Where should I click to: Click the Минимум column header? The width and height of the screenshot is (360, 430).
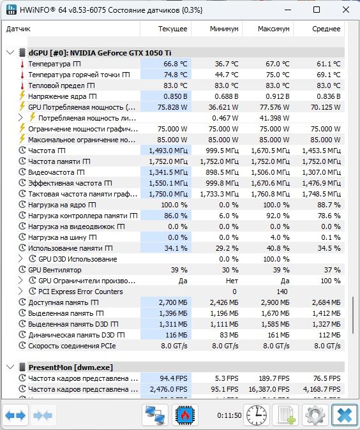(224, 29)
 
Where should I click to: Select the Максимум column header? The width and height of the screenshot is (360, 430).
(273, 29)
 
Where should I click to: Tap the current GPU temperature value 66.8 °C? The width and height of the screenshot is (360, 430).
(176, 64)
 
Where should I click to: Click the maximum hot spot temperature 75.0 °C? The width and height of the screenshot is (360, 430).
(278, 75)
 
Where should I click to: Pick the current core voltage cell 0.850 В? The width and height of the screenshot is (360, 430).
(176, 96)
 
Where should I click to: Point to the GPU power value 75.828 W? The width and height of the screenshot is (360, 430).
(172, 107)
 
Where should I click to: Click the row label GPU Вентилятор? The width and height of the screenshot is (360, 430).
(55, 270)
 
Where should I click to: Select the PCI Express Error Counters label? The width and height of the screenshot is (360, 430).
(80, 292)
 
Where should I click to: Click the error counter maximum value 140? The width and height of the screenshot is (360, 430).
(281, 292)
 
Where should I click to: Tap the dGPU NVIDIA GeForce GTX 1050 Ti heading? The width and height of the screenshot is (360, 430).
(100, 53)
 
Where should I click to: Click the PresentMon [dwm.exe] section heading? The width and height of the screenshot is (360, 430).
(70, 367)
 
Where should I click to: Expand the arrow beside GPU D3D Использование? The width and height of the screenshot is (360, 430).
(20, 259)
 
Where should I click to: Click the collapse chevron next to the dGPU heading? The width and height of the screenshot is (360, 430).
(10, 52)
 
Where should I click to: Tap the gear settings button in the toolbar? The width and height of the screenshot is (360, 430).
(315, 415)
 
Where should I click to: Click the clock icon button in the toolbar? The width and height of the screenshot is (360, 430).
(257, 415)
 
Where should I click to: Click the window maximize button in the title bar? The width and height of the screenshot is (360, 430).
(317, 10)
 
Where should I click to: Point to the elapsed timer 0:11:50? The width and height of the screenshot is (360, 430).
(229, 415)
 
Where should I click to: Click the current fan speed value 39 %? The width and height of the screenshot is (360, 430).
(179, 270)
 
